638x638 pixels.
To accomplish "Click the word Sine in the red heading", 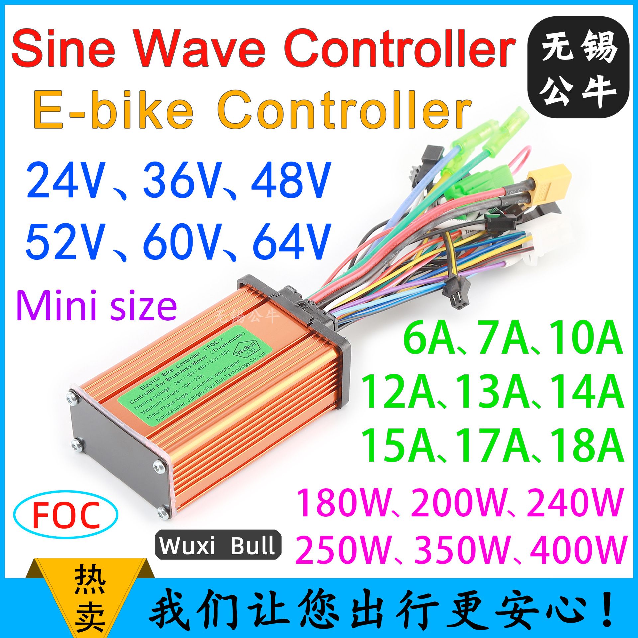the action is (x=63, y=48).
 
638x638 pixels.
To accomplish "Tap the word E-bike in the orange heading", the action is (x=113, y=110).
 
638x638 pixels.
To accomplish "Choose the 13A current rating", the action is (x=492, y=392).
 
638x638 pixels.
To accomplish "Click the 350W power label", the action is (x=462, y=550).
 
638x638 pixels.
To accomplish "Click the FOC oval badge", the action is (x=66, y=515).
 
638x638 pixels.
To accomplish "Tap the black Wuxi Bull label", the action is (x=218, y=545).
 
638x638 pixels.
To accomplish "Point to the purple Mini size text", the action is (x=96, y=306).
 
